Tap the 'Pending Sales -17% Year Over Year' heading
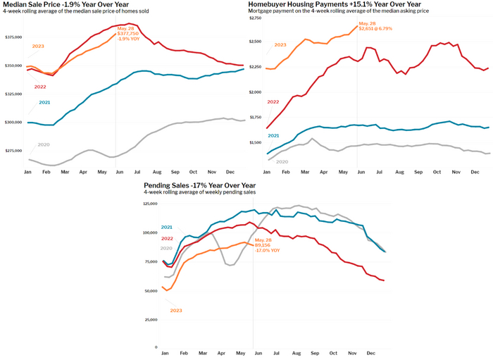[x=195, y=185]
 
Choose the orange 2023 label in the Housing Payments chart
[x=280, y=45]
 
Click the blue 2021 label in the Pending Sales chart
[x=168, y=227]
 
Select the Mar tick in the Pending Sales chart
[x=203, y=353]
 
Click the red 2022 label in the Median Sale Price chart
[x=41, y=87]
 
